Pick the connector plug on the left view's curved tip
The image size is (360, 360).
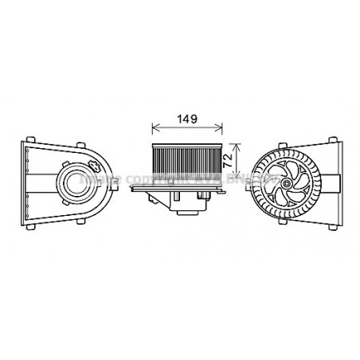93,166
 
